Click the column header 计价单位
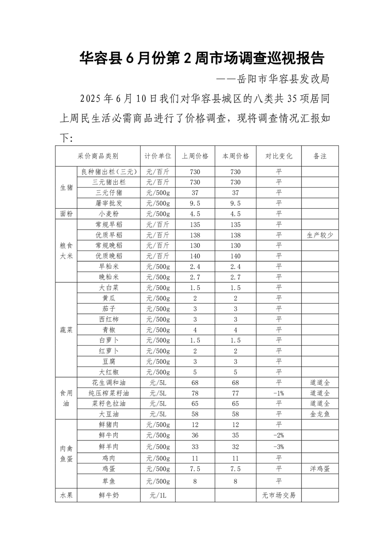pos(157,156)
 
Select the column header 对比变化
pos(279,156)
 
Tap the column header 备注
pos(320,156)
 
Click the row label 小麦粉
pos(108,214)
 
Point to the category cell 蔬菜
pos(66,330)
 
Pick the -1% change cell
pos(279,393)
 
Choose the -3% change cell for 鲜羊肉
pos(279,446)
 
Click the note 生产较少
pos(320,235)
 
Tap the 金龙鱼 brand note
pos(320,413)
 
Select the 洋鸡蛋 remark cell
pos(320,468)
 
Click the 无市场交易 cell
pos(279,496)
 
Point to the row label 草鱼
pos(108,482)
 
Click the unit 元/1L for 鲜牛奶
pos(157,496)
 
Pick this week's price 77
pos(235,393)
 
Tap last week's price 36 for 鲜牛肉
pos(195,435)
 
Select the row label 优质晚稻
pos(108,255)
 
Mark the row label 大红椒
pos(108,372)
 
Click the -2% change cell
pos(279,435)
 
